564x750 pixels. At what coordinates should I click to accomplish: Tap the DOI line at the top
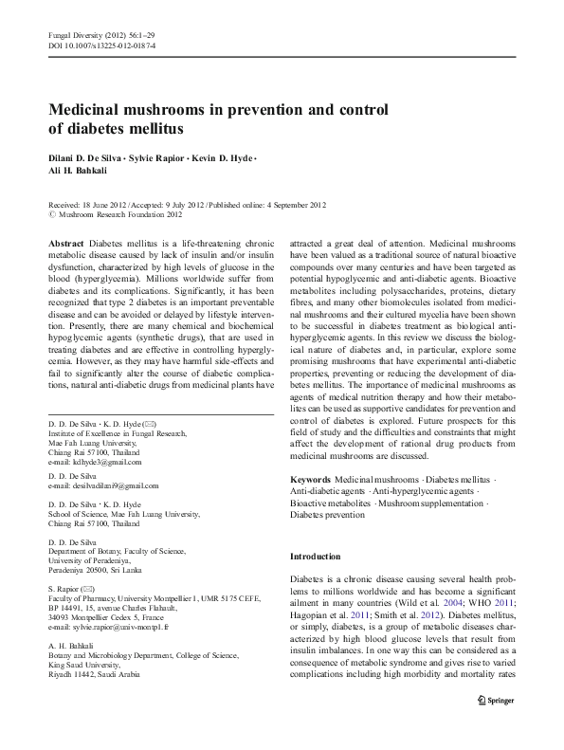tap(101, 45)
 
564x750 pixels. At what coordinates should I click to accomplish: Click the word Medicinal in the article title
tap(87, 109)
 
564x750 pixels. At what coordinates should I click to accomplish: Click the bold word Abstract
tap(65, 244)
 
